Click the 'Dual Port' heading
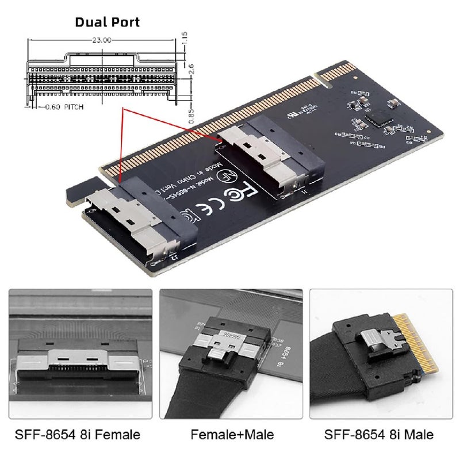pyautogui.click(x=108, y=23)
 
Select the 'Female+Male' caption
pyautogui.click(x=233, y=434)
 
